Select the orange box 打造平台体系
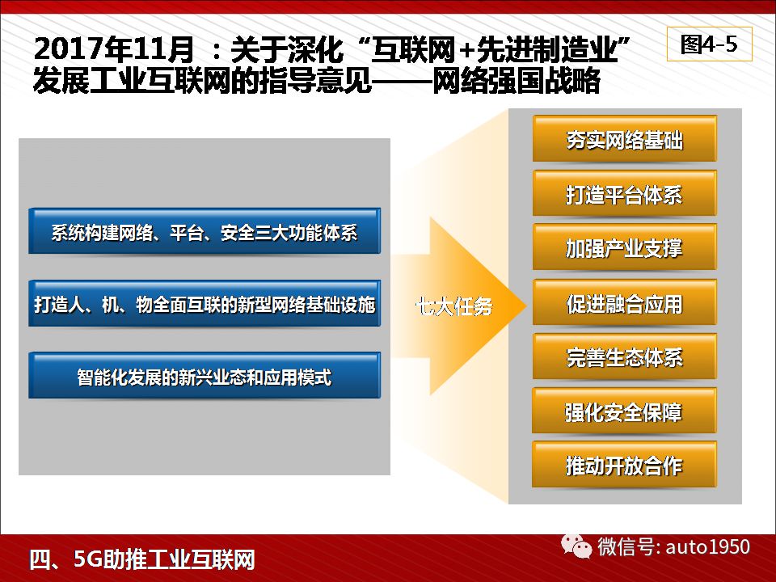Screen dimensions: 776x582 click(x=625, y=193)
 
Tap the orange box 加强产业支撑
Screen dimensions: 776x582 click(x=625, y=247)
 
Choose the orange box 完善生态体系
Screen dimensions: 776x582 click(x=625, y=356)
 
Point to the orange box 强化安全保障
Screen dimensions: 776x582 click(x=625, y=411)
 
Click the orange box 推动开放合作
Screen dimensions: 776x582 click(x=625, y=465)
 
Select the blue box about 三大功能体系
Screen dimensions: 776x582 click(x=205, y=231)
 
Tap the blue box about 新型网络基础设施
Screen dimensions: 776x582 click(x=205, y=303)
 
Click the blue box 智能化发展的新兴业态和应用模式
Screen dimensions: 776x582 click(x=205, y=376)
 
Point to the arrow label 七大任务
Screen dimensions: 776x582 click(x=453, y=306)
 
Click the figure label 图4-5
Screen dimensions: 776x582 click(x=709, y=44)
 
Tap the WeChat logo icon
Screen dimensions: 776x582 click(x=576, y=546)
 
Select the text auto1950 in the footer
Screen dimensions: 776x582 click(x=708, y=546)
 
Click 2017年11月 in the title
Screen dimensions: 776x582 click(x=114, y=49)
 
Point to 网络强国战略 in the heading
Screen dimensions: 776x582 click(x=517, y=81)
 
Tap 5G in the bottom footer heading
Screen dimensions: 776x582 click(x=88, y=559)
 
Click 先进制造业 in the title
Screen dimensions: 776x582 click(x=547, y=49)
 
